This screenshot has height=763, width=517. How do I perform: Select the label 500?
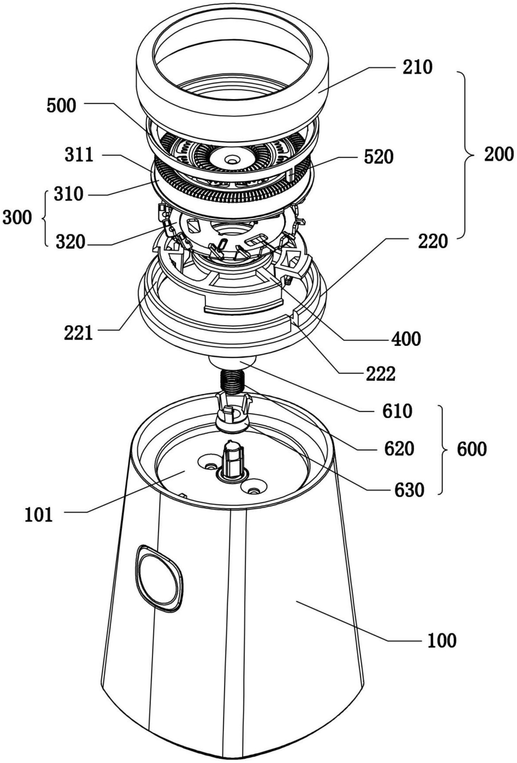coord(62,106)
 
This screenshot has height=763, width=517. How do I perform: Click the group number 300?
coord(18,218)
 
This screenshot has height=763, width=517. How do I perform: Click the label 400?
coord(405,339)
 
